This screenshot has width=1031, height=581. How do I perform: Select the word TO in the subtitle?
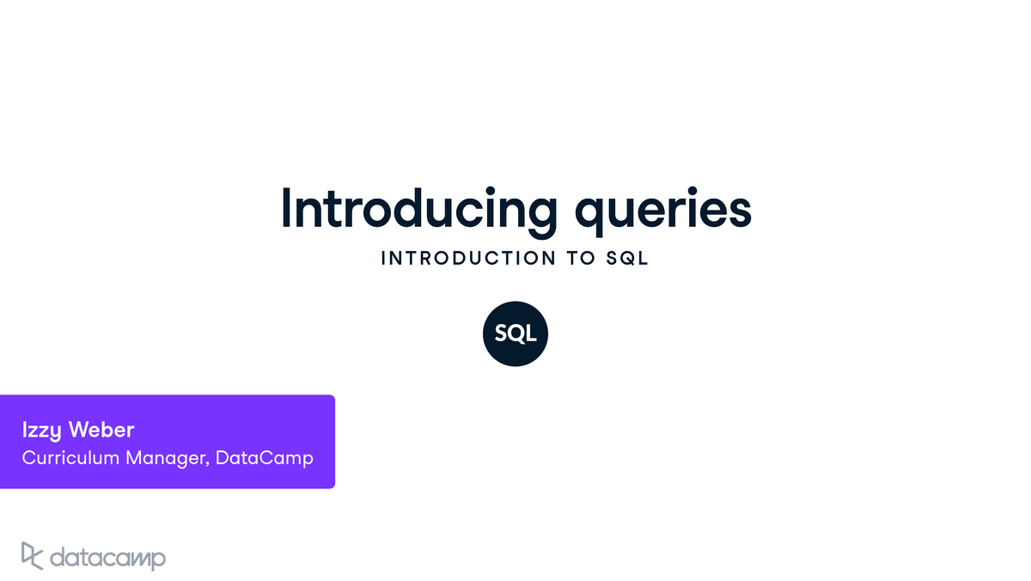(x=582, y=259)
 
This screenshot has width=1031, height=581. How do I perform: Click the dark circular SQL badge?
(x=515, y=334)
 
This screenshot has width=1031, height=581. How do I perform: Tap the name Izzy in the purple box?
(x=42, y=430)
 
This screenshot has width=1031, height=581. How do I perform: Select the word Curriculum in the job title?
(x=70, y=457)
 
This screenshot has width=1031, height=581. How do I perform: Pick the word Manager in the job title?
(x=166, y=457)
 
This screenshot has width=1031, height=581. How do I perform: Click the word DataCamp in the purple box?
(x=265, y=457)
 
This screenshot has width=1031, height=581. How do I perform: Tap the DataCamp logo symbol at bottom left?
(x=32, y=556)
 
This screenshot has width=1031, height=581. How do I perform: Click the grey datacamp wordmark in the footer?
(x=107, y=559)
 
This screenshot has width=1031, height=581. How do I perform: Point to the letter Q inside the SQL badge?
(x=515, y=334)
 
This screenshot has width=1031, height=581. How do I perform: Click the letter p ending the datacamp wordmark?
(x=158, y=561)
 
